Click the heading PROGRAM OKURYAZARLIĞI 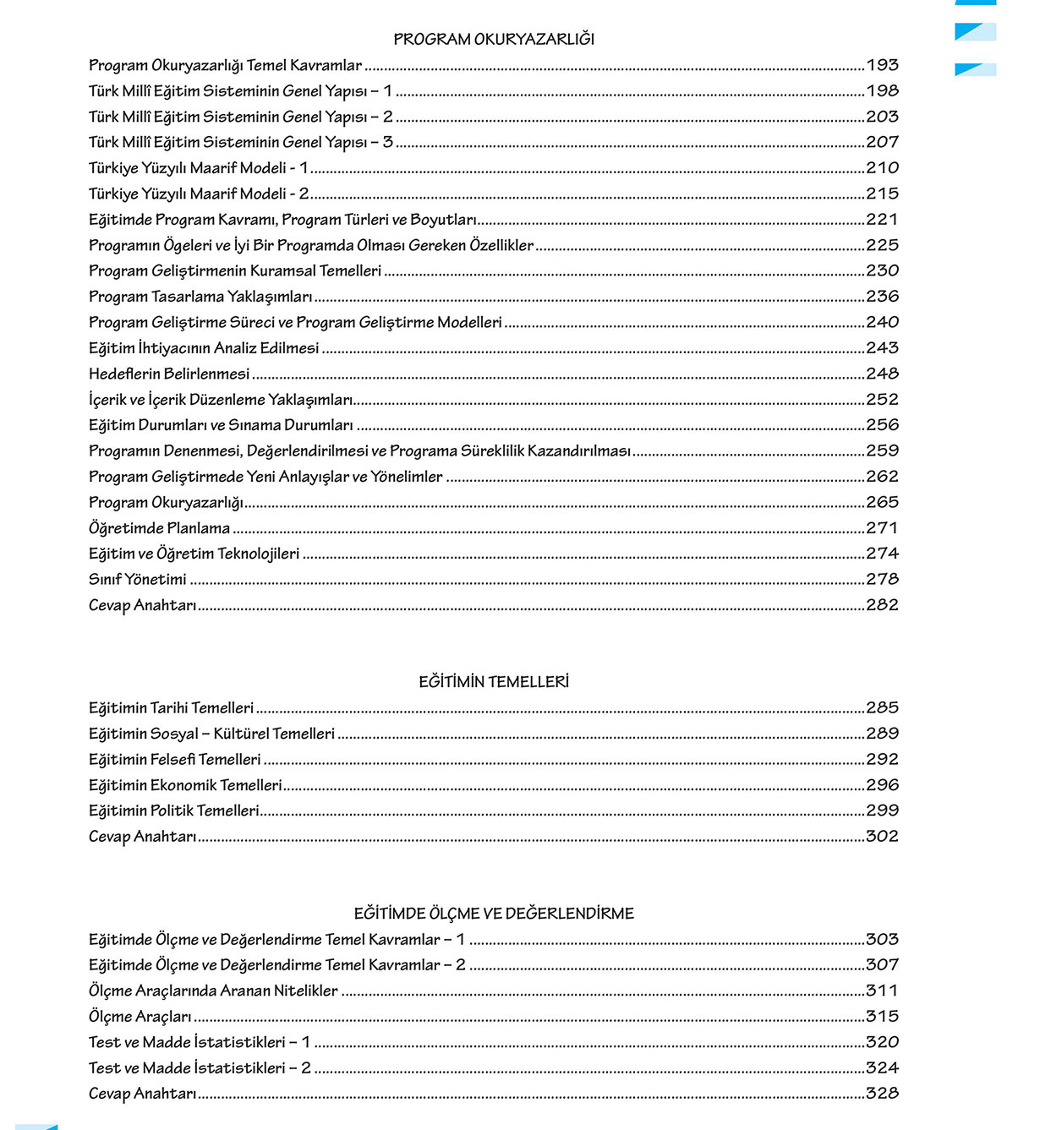click(x=494, y=39)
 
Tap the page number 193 click(x=882, y=65)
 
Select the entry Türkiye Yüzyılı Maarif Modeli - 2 click(x=199, y=194)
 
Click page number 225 click(x=882, y=245)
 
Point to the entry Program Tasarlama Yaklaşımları click(x=200, y=297)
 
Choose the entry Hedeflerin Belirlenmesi click(x=169, y=374)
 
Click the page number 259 click(x=882, y=450)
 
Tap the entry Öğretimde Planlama click(x=159, y=528)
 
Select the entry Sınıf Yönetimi click(x=138, y=580)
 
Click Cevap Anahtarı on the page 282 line click(x=142, y=605)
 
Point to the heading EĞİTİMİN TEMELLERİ click(x=494, y=681)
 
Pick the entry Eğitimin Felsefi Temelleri click(x=175, y=759)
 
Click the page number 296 click(x=882, y=785)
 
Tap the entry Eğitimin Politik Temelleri click(x=174, y=811)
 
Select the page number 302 click(x=882, y=836)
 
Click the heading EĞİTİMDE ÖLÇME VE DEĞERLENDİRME click(x=494, y=913)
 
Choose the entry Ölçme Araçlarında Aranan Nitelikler click(x=213, y=991)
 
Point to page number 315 click(x=882, y=1016)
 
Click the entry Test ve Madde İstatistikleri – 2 click(x=200, y=1067)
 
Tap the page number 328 click(x=882, y=1093)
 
